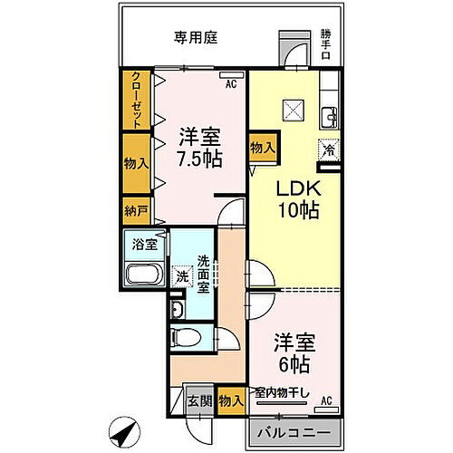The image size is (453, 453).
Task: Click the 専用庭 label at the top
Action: tap(197, 38)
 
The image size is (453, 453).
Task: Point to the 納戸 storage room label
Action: tap(135, 211)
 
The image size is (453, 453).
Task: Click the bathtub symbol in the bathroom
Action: tap(142, 276)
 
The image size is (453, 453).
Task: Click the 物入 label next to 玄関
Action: tap(230, 399)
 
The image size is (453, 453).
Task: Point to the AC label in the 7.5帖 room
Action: tap(231, 83)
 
